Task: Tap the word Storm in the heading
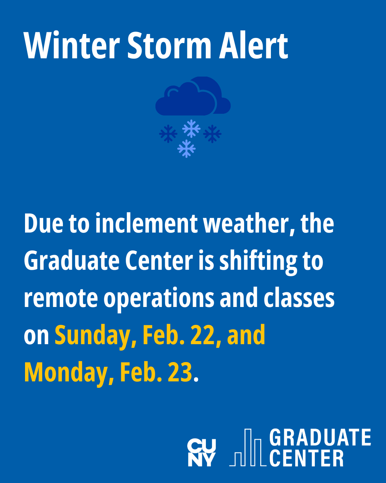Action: (169, 45)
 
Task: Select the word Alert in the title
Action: (253, 45)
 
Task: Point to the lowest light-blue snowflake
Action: (186, 148)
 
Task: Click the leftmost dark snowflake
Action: (168, 134)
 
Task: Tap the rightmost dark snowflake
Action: (212, 134)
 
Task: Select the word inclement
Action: (147, 223)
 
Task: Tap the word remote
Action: (61, 298)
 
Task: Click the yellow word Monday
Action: (69, 373)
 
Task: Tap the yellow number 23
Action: (180, 372)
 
